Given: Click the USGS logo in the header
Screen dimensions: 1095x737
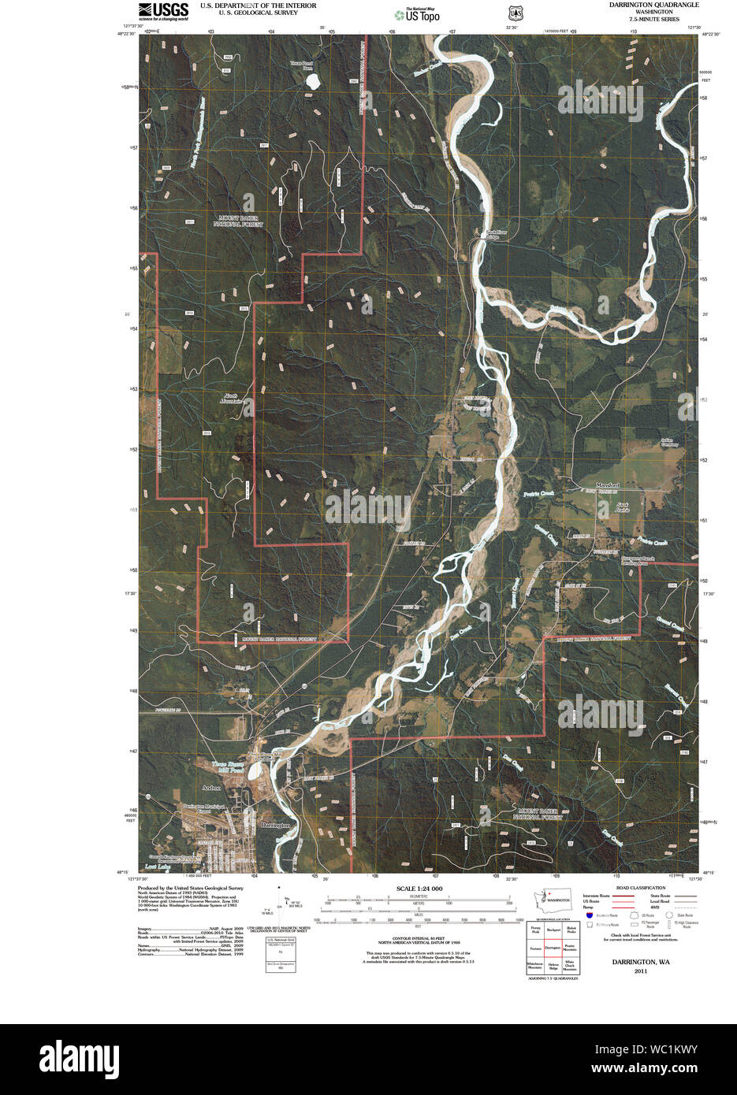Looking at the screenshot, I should tap(163, 11).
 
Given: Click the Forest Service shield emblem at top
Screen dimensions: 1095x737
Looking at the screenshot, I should tap(515, 13).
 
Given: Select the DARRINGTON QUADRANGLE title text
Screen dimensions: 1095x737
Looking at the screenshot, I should tap(653, 5).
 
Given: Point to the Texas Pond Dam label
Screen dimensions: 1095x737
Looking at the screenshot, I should tap(301, 65).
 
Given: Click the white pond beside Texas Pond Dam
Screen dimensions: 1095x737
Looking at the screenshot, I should tap(313, 81).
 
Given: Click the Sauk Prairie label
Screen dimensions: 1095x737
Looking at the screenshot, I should tap(624, 507).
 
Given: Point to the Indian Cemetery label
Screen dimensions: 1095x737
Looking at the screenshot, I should tap(668, 443).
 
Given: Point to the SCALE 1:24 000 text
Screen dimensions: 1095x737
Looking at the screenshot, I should tap(419, 889).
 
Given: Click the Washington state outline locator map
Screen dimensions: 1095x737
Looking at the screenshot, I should tap(556, 899).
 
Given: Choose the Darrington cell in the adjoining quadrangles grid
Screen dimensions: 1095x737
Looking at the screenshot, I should tap(553, 948).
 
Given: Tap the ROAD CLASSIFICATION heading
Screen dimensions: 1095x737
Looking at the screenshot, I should tap(639, 888).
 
